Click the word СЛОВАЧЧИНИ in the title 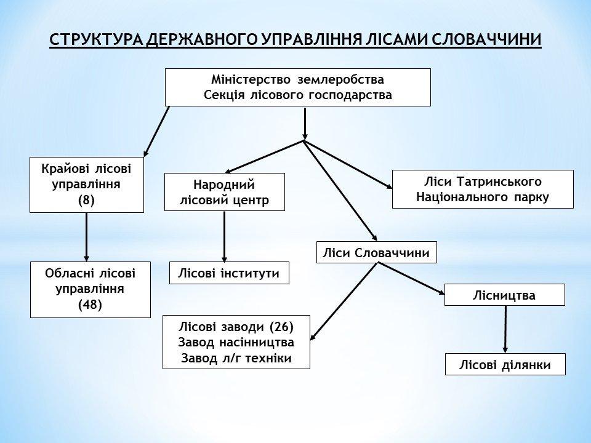(486, 39)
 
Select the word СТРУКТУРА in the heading (96, 39)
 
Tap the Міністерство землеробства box (298, 87)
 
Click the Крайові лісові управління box (87, 185)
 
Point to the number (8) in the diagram (86, 200)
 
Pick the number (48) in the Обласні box (90, 305)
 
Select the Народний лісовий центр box (224, 192)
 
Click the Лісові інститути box (229, 273)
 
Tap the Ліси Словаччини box (377, 252)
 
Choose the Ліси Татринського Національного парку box (483, 189)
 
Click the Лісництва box (505, 295)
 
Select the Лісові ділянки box (505, 364)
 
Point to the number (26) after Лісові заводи (281, 327)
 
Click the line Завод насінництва (236, 342)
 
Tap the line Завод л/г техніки (236, 358)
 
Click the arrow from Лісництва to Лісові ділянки (505, 329)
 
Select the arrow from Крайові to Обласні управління (86, 237)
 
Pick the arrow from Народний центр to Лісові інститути (224, 236)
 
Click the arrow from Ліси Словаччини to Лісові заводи (344, 301)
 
